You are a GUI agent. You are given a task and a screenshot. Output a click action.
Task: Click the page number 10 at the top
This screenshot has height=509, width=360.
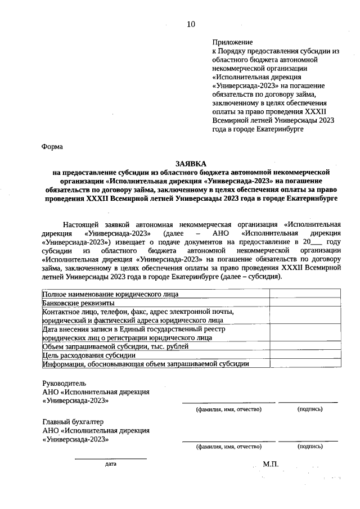click(x=191, y=24)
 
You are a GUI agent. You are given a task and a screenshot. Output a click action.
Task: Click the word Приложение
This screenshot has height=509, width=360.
click(x=233, y=42)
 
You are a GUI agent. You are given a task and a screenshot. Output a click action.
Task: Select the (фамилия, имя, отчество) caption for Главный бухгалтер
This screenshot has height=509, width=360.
click(x=228, y=447)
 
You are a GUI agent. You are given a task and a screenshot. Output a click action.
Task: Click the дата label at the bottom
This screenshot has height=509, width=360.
click(x=110, y=465)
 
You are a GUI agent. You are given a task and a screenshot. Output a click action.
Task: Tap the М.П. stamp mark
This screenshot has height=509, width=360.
click(x=271, y=464)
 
